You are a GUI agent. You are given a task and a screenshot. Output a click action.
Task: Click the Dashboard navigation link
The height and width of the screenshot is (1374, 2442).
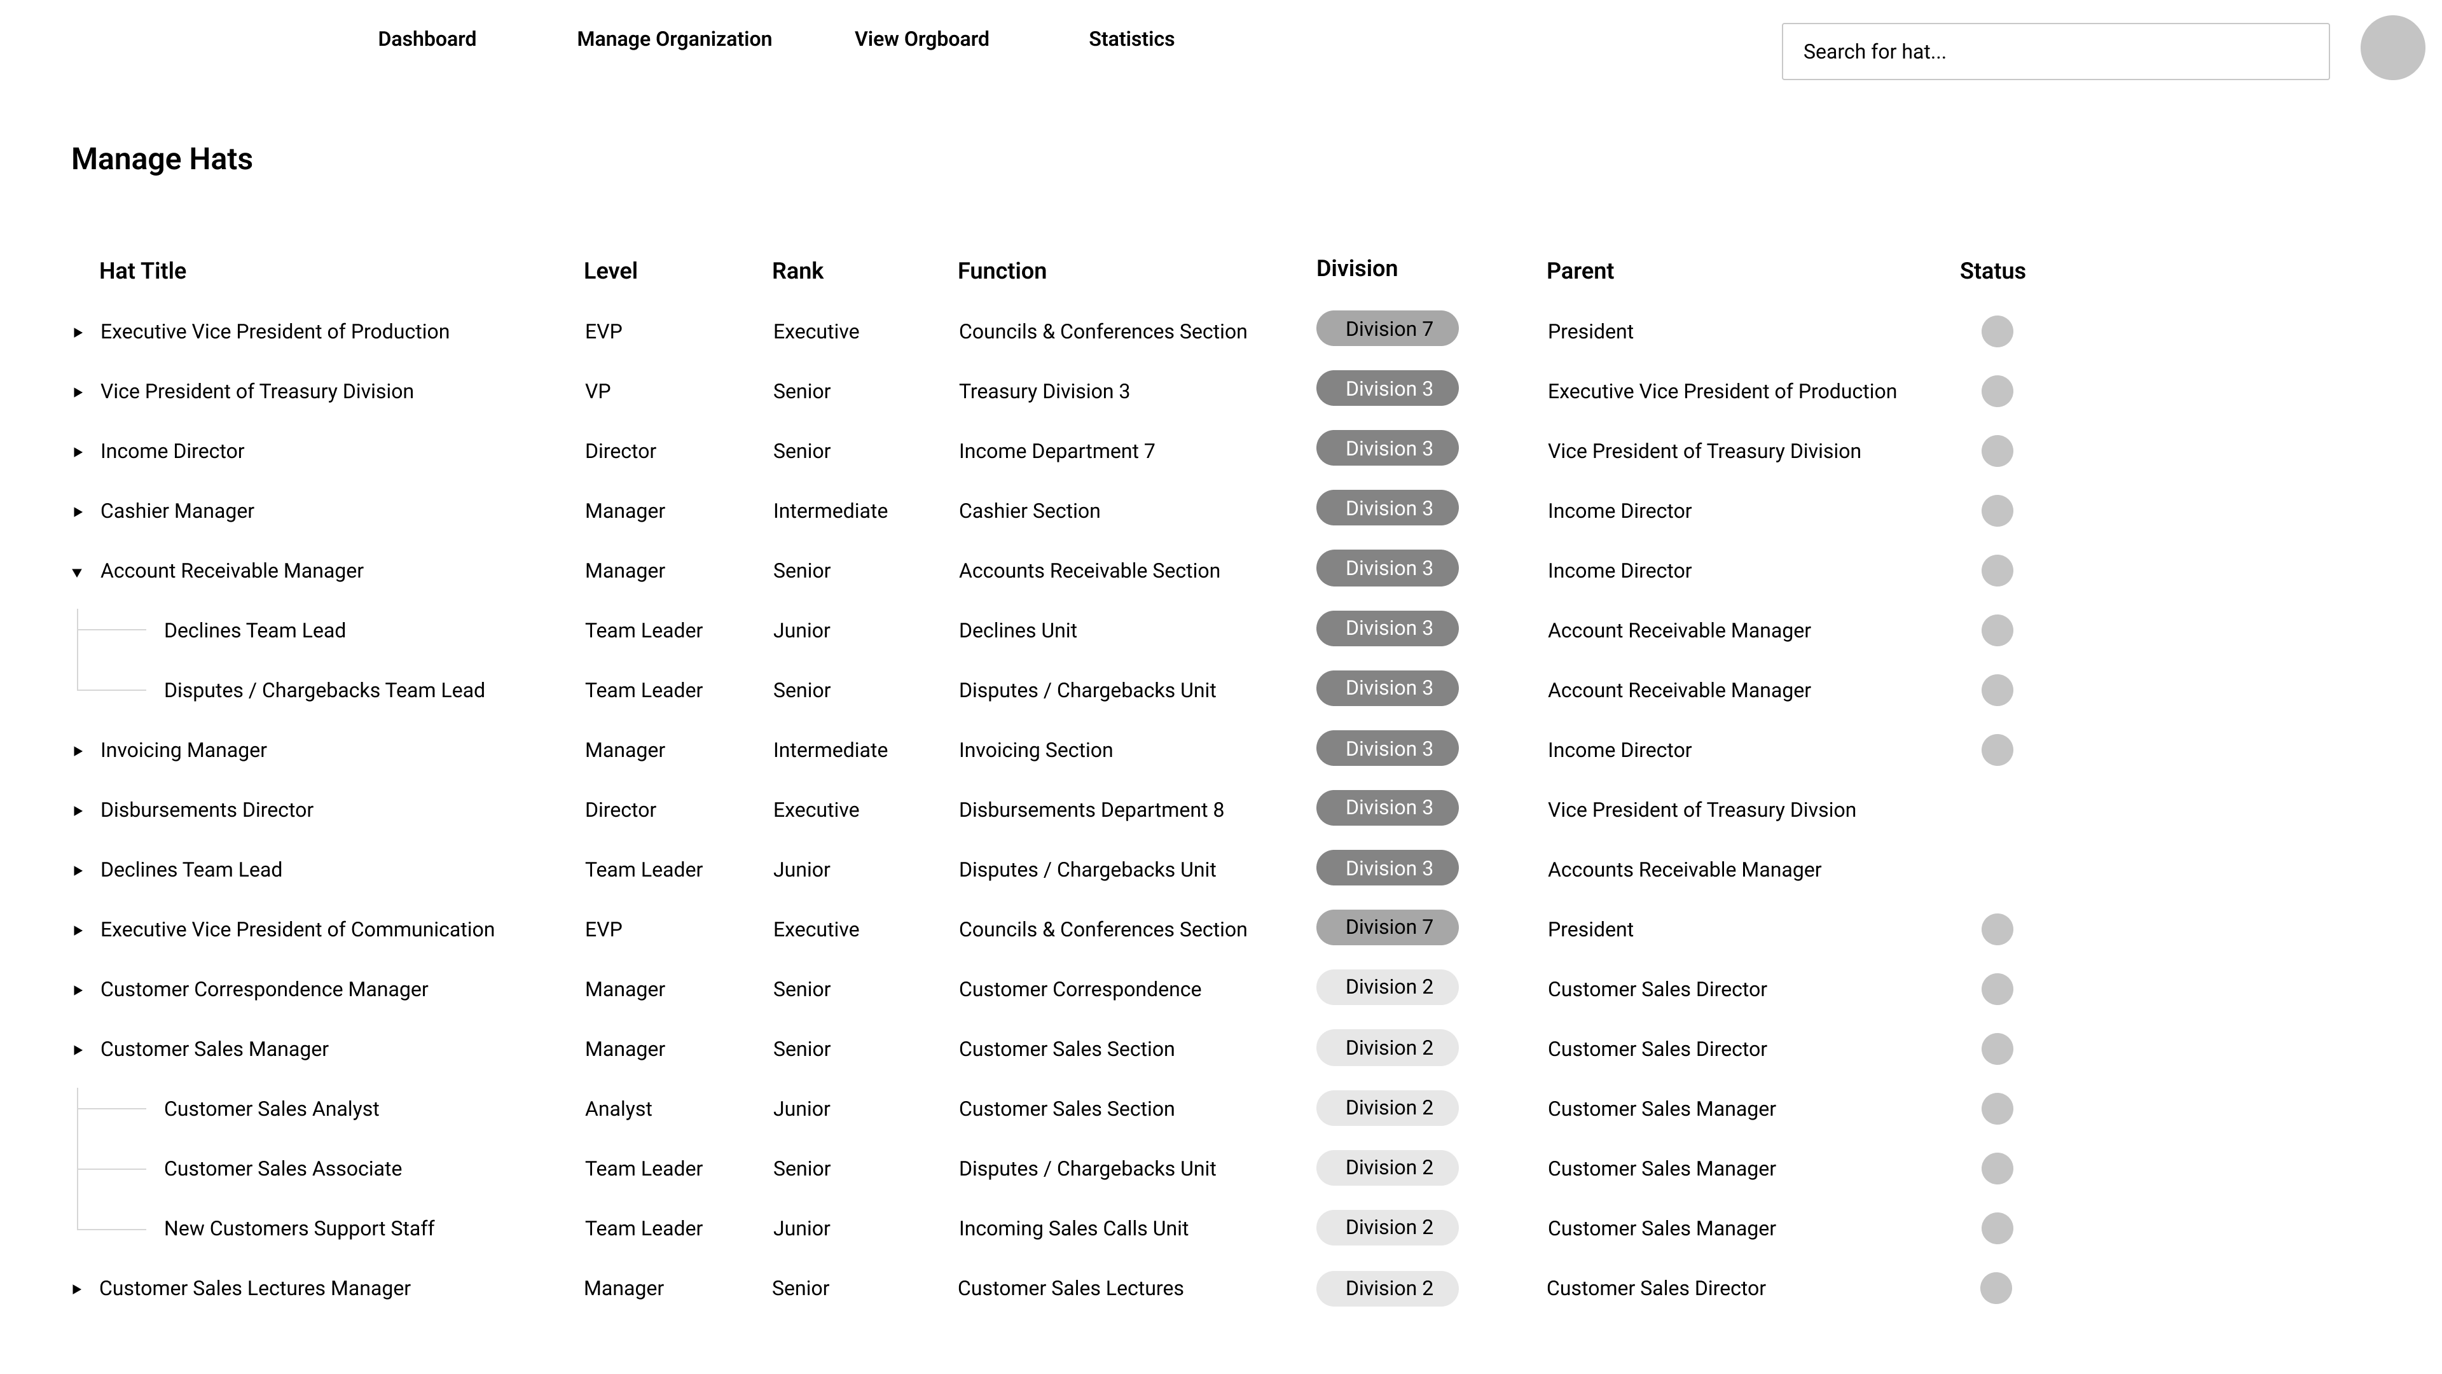coord(427,39)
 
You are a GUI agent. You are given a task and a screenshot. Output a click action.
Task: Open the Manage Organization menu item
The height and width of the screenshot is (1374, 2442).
coord(674,39)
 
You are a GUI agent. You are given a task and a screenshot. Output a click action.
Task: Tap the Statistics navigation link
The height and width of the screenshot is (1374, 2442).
coord(1131,39)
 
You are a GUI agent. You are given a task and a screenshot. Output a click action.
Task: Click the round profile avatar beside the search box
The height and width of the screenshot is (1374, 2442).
coord(2392,48)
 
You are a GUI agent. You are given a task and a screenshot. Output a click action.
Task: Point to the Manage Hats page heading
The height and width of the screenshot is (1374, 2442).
coord(162,159)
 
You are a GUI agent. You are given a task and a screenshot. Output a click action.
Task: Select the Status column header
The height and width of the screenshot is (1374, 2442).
coord(1992,271)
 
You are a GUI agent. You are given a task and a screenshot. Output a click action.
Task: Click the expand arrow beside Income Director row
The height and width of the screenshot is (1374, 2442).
coord(78,452)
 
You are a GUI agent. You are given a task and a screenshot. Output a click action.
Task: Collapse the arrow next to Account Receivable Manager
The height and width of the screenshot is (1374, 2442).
coord(78,572)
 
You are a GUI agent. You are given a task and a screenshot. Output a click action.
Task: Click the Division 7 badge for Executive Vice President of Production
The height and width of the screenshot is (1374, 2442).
coord(1387,329)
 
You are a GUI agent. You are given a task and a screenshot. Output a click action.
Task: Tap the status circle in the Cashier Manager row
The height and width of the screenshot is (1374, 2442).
coord(1996,511)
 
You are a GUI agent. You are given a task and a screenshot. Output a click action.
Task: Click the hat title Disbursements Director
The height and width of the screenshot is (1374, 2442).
coord(207,810)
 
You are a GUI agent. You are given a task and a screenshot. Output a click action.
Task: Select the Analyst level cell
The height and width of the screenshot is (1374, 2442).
coord(618,1109)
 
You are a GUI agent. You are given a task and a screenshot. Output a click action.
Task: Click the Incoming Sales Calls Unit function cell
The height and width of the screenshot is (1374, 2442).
coord(1073,1228)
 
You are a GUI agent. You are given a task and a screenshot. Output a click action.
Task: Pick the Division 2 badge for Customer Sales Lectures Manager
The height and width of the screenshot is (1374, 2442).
coord(1387,1287)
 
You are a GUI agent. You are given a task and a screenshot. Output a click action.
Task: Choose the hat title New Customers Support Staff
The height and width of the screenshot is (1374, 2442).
coord(299,1228)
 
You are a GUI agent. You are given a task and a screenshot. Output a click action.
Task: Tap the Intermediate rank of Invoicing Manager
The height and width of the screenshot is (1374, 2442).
coord(829,750)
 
